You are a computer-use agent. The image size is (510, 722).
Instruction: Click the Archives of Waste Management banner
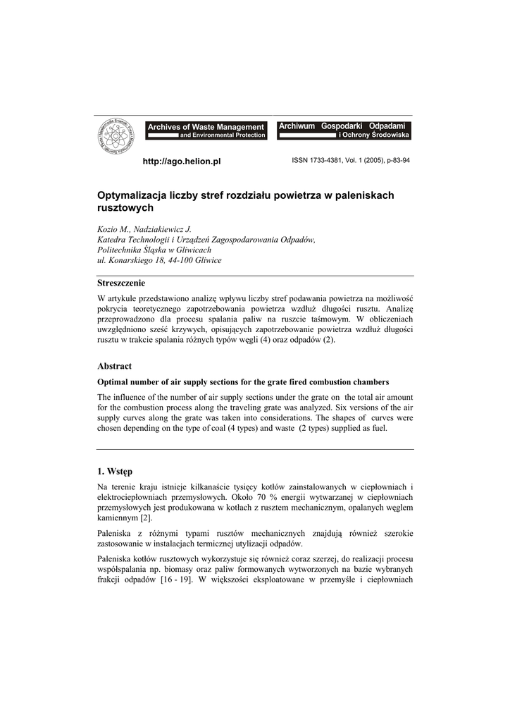[x=206, y=130]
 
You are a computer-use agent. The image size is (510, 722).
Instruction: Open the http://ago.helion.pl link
[x=182, y=161]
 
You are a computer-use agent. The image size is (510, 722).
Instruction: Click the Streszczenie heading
[x=121, y=283]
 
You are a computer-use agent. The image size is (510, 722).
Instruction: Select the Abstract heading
[x=114, y=366]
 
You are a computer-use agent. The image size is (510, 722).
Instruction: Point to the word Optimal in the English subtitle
[x=113, y=381]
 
